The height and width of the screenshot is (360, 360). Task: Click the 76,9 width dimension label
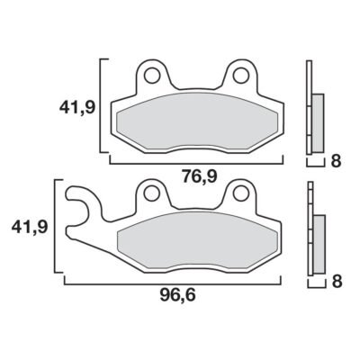[x=199, y=176]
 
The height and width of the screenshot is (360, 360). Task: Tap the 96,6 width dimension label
[x=177, y=295]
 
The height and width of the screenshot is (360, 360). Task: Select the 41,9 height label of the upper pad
[x=77, y=107]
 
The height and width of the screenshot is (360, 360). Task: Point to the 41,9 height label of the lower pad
[x=30, y=227]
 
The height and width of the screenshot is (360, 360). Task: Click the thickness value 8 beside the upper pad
[x=337, y=161]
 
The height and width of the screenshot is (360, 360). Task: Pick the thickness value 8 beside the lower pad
[x=337, y=282]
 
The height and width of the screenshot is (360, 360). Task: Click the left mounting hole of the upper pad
[x=151, y=76]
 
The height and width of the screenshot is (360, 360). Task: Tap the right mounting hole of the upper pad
[x=240, y=76]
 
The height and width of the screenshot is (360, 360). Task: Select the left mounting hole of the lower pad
[x=151, y=193]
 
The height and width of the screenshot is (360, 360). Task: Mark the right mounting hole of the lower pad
[x=240, y=193]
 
